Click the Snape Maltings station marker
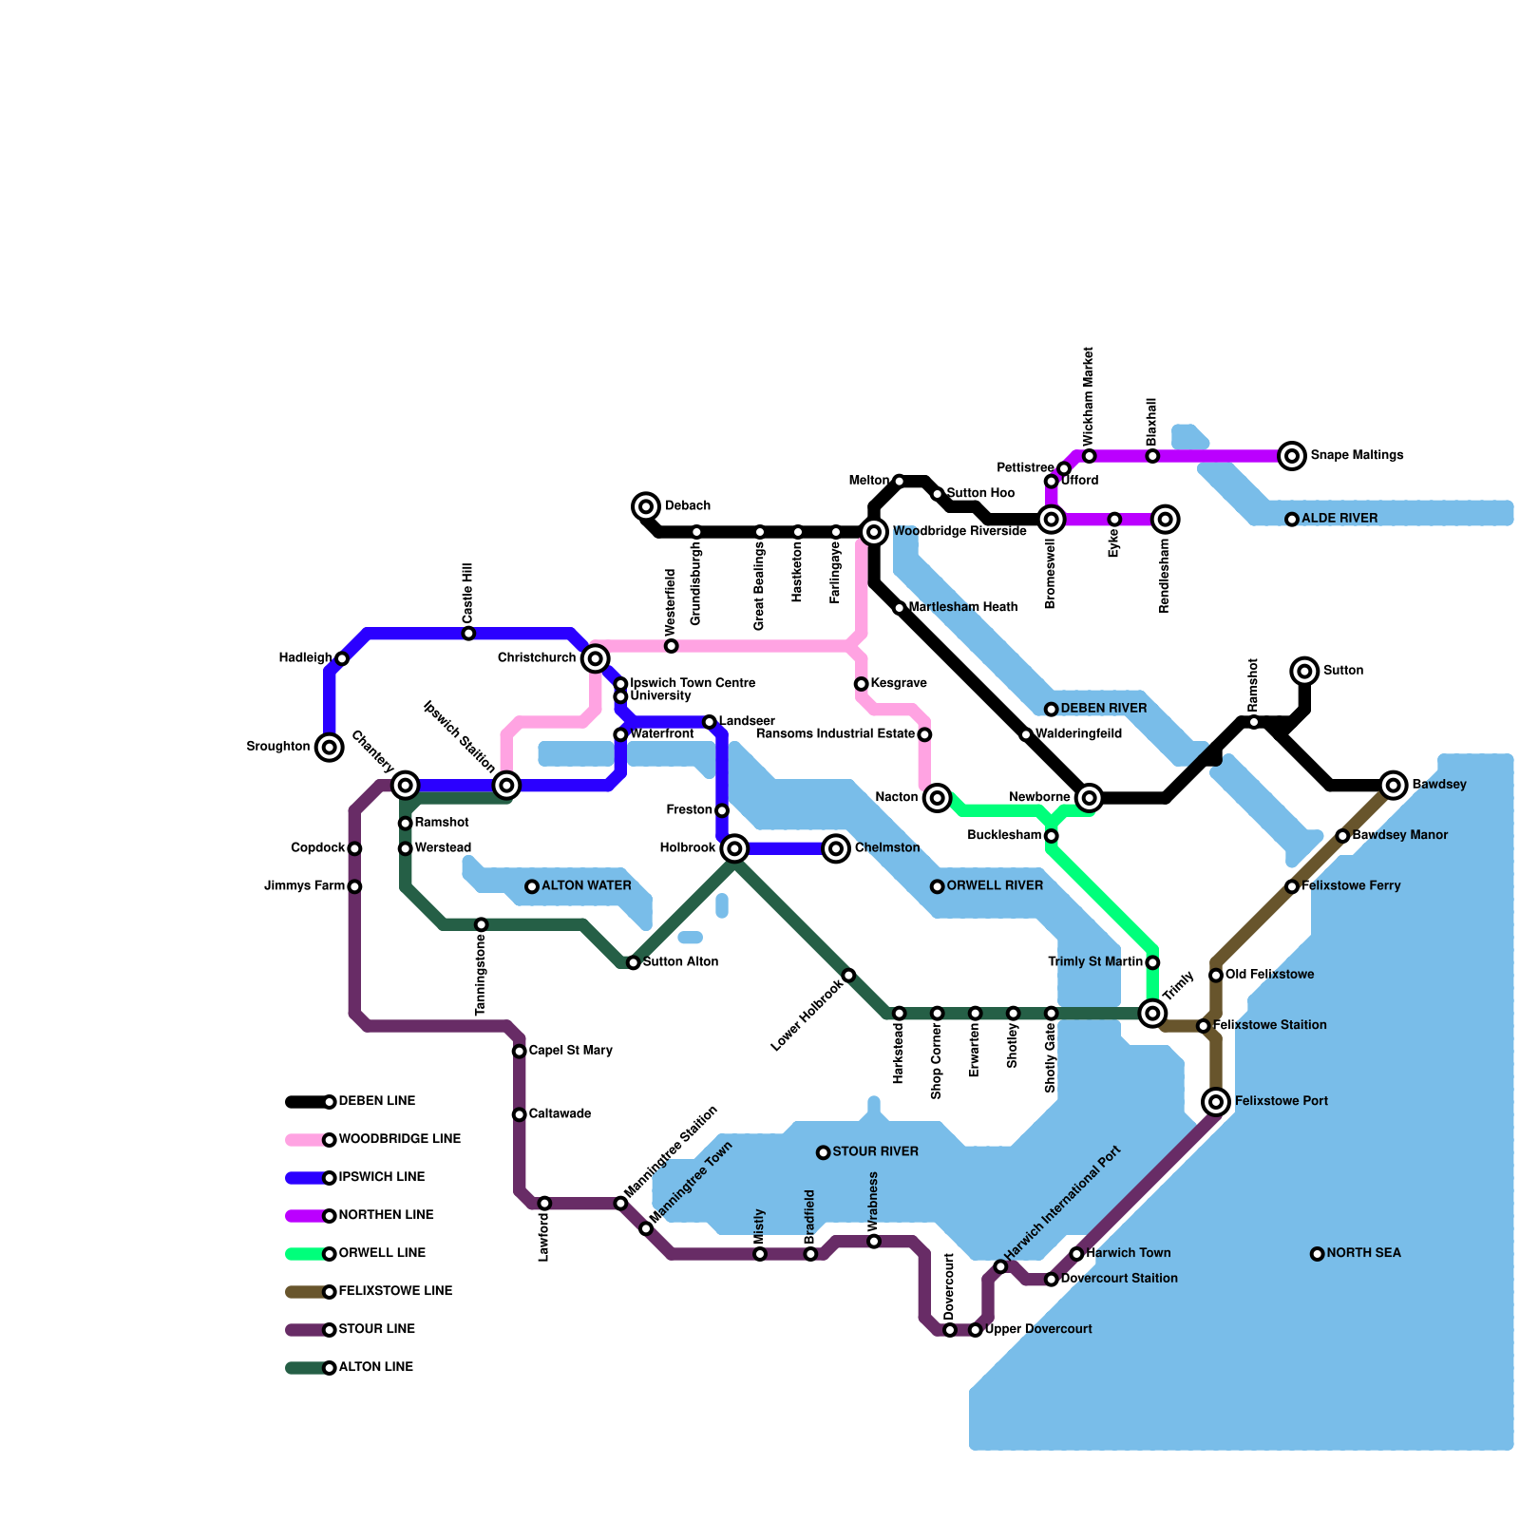point(1291,456)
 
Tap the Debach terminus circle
point(646,506)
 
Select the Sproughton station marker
point(330,748)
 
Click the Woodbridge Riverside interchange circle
point(874,531)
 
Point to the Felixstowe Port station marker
point(1216,1102)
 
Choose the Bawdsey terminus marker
point(1394,785)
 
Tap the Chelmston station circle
point(836,848)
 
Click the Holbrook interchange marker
point(734,848)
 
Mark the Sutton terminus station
point(1305,672)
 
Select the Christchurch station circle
point(596,658)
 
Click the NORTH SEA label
point(1363,1254)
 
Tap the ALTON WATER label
point(586,886)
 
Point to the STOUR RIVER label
point(875,1152)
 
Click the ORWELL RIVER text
point(995,886)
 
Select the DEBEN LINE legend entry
point(376,1102)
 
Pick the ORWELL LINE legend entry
point(381,1254)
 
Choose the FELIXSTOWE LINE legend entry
point(395,1292)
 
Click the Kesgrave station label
point(898,684)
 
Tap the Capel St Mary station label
point(570,1051)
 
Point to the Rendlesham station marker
point(1166,520)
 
